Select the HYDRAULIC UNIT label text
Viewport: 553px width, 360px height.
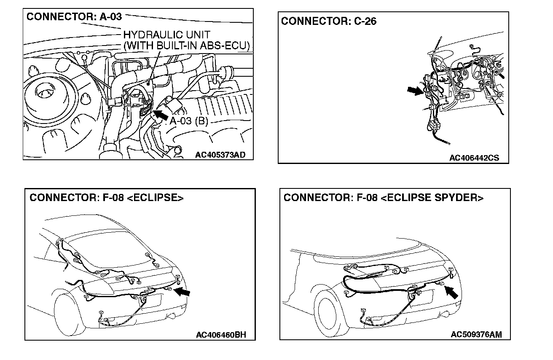click(166, 35)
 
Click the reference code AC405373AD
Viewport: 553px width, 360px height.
click(220, 155)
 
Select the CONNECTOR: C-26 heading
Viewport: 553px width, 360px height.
click(329, 21)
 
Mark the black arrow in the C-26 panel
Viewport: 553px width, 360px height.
click(415, 90)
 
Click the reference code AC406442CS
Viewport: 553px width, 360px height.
click(474, 158)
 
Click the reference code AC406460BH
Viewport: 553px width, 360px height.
click(221, 335)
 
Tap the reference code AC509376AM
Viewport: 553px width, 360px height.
click(476, 335)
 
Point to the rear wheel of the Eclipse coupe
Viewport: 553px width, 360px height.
click(67, 314)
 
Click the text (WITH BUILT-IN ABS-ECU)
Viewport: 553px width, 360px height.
click(186, 46)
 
